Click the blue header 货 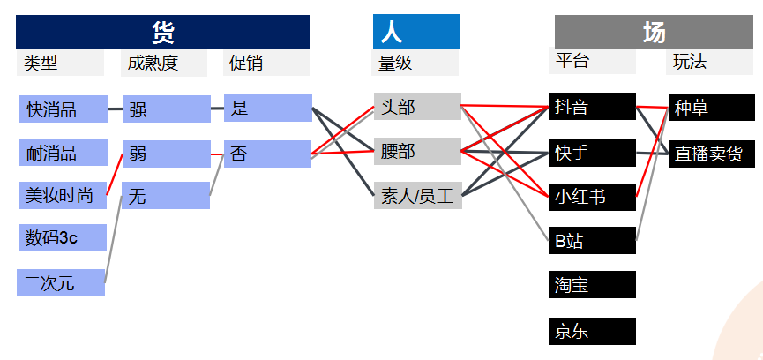pyautogui.click(x=163, y=32)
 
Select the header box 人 pyautogui.click(x=415, y=32)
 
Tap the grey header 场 pyautogui.click(x=653, y=33)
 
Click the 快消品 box pyautogui.click(x=63, y=109)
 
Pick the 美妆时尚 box pyautogui.click(x=63, y=196)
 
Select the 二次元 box pyautogui.click(x=60, y=283)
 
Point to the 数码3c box pyautogui.click(x=63, y=238)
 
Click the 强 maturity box pyautogui.click(x=166, y=109)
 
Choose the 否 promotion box pyautogui.click(x=267, y=154)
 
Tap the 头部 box pyautogui.click(x=416, y=107)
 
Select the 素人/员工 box pyautogui.click(x=416, y=196)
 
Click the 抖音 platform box pyautogui.click(x=591, y=107)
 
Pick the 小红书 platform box pyautogui.click(x=591, y=196)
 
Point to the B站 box pyautogui.click(x=591, y=240)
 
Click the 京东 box pyautogui.click(x=591, y=331)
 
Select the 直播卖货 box pyautogui.click(x=711, y=154)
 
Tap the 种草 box pyautogui.click(x=711, y=107)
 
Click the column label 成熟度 pyautogui.click(x=164, y=63)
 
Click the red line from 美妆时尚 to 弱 pyautogui.click(x=114, y=174)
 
